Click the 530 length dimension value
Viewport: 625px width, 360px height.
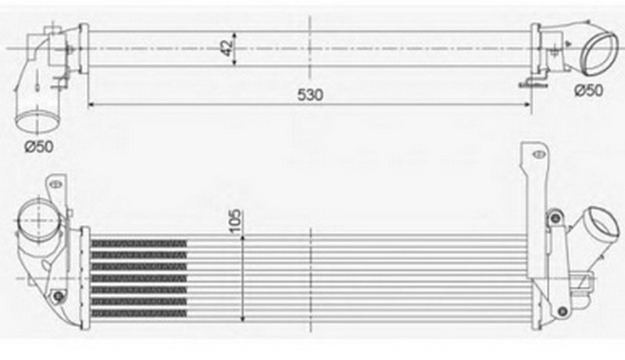[x=310, y=94]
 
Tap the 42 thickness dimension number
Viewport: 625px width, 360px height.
[x=227, y=48]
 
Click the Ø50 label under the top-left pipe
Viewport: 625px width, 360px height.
[x=38, y=147]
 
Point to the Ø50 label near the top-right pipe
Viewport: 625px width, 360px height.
[x=589, y=91]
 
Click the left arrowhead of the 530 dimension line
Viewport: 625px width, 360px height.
[x=91, y=105]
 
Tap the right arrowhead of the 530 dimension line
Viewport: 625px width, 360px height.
[x=527, y=105]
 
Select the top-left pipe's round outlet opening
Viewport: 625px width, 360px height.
[x=38, y=121]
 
